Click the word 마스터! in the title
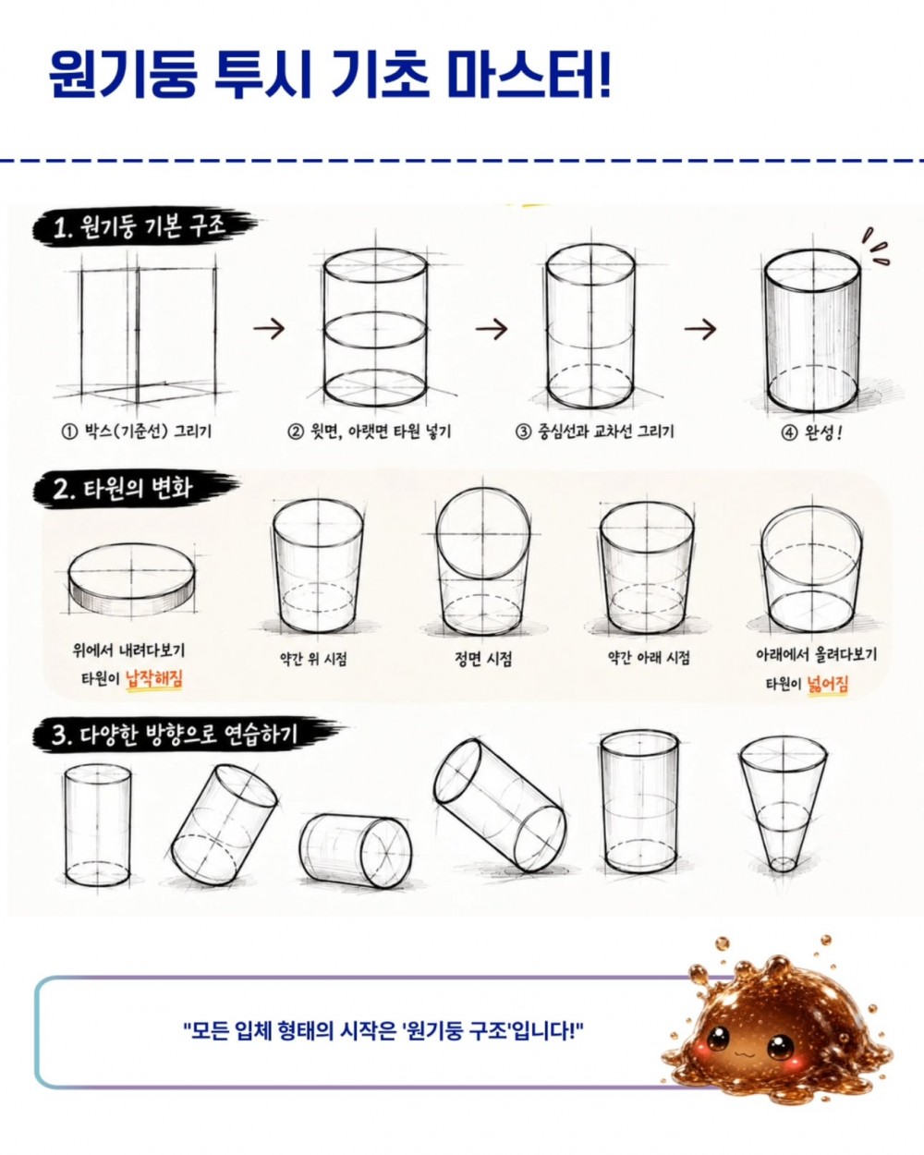pos(529,74)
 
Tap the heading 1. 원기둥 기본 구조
pos(140,228)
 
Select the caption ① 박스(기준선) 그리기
pos(137,431)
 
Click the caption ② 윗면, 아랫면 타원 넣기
pos(370,431)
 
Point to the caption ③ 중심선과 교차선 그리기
pos(594,431)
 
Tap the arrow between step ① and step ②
pos(269,328)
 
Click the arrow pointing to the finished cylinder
pos(700,328)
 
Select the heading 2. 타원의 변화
pos(122,489)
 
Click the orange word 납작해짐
pos(154,679)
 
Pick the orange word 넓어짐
pos(828,684)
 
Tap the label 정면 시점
pos(483,659)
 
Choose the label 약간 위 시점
pos(313,659)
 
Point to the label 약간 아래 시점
pos(649,658)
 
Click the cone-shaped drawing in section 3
pos(783,805)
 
